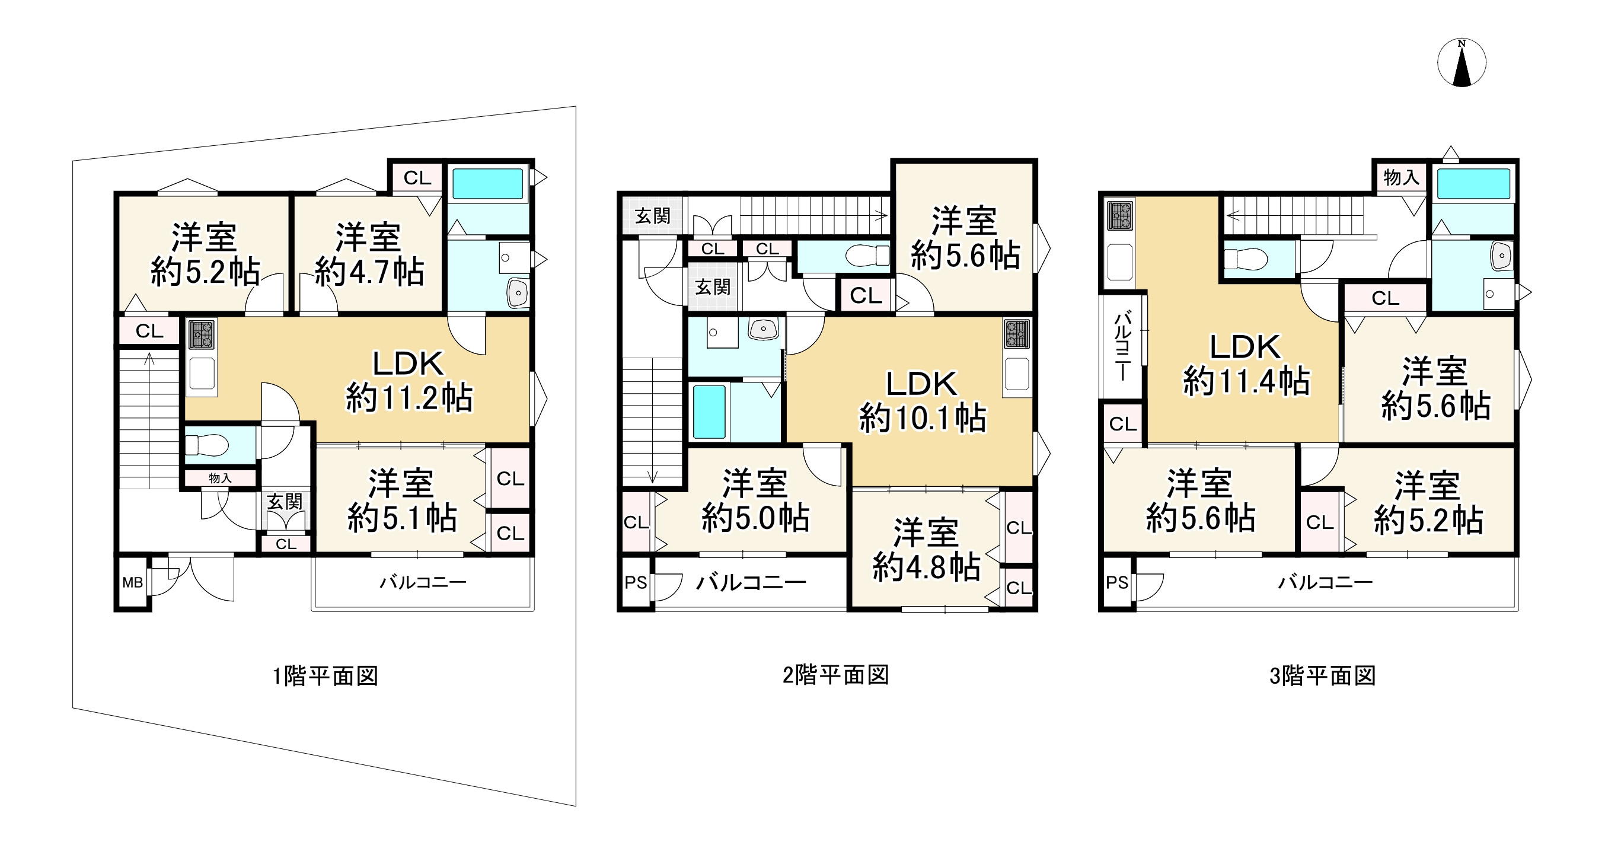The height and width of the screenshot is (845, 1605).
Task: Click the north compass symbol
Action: tap(1461, 63)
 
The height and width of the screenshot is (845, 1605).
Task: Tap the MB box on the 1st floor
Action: tap(133, 583)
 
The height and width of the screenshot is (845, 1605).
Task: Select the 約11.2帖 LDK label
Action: tap(409, 381)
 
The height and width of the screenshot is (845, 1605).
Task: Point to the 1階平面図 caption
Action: tap(326, 676)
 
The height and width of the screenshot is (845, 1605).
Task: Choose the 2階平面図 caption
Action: tap(835, 675)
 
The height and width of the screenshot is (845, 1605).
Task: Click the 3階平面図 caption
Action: tap(1322, 676)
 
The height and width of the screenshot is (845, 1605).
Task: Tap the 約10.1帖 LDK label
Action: tap(922, 401)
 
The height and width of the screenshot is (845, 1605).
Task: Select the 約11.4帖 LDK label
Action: tap(1246, 364)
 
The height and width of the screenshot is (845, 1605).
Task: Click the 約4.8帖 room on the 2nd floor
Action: tap(926, 550)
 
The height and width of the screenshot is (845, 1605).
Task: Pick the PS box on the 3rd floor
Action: tap(1116, 583)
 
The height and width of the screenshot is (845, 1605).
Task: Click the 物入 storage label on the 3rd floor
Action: tap(1401, 178)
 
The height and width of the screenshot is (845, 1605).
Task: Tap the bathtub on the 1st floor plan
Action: tap(487, 184)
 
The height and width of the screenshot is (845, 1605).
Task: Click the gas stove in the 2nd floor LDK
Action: tap(1016, 334)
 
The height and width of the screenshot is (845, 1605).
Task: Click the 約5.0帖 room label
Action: tap(755, 500)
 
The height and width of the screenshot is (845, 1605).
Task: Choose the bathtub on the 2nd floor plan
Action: tap(709, 412)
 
